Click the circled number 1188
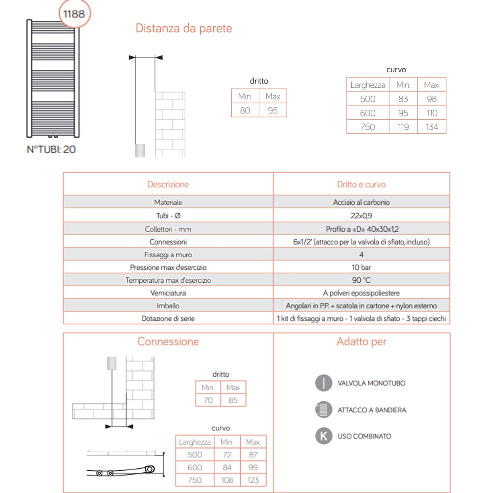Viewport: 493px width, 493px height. [x=74, y=14]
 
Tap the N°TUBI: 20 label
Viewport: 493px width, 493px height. [x=51, y=150]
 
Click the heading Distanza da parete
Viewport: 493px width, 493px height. [x=184, y=28]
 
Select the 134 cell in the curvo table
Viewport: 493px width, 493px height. [x=432, y=127]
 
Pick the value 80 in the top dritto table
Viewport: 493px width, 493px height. [x=245, y=110]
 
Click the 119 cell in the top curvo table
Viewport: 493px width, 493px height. [x=403, y=127]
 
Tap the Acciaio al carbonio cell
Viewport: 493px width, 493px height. [x=361, y=202]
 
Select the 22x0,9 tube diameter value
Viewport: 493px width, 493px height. [x=361, y=216]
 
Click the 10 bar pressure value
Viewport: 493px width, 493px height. [x=361, y=267]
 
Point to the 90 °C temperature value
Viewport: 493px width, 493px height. [x=361, y=280]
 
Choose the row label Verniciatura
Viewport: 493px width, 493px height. [x=168, y=293]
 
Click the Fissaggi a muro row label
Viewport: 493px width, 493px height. [x=168, y=255]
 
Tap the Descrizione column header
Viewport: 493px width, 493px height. [x=168, y=184]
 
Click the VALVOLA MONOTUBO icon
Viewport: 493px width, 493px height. [x=324, y=383]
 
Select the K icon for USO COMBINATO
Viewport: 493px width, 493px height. [x=324, y=436]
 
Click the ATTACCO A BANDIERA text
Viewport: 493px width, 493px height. [x=372, y=410]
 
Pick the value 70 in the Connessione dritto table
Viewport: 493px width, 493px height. [x=208, y=400]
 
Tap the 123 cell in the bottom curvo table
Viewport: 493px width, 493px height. [x=253, y=480]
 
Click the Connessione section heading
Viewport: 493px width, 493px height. [x=168, y=341]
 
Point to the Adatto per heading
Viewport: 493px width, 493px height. [x=362, y=341]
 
